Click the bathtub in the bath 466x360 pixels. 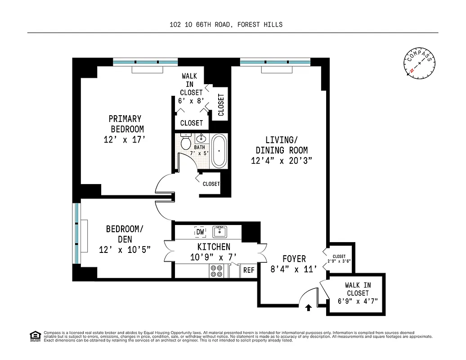click(x=219, y=151)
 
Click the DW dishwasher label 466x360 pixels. click(x=200, y=232)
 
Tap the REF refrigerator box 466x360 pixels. click(x=249, y=270)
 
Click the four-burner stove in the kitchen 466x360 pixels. click(x=217, y=270)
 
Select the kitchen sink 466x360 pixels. click(x=220, y=232)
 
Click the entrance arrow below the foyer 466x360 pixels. click(x=309, y=308)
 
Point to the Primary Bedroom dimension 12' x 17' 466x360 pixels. click(x=125, y=140)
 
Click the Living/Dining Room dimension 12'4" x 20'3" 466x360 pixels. click(x=282, y=161)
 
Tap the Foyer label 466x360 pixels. click(x=294, y=259)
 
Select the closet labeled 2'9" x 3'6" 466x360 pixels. click(x=339, y=259)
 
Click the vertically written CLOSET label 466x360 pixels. click(x=221, y=104)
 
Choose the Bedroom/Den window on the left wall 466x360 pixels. click(x=76, y=234)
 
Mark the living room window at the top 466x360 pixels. click(x=275, y=62)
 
